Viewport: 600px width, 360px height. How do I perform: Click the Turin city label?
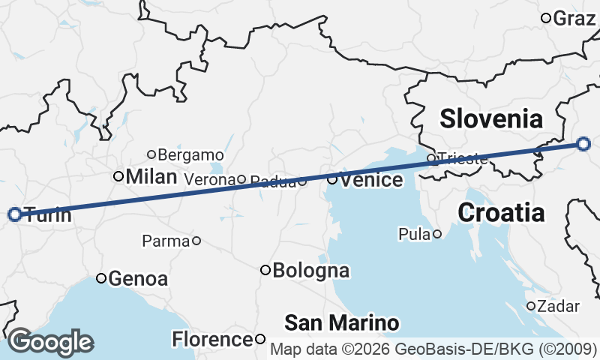pyautogui.click(x=47, y=215)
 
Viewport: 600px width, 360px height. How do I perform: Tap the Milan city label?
pyautogui.click(x=151, y=177)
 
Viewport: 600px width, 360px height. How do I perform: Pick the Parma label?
pyautogui.click(x=165, y=241)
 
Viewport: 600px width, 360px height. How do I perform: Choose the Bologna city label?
pyautogui.click(x=311, y=270)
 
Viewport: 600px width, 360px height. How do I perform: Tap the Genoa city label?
pyautogui.click(x=138, y=279)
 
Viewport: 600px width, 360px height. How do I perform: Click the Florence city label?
pyautogui.click(x=213, y=340)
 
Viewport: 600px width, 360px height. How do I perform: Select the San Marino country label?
pyautogui.click(x=341, y=323)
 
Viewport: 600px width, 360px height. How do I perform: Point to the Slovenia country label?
pyautogui.click(x=490, y=118)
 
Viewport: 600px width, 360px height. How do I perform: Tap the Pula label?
pyautogui.click(x=415, y=235)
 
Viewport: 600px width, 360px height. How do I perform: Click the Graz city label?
pyautogui.click(x=574, y=19)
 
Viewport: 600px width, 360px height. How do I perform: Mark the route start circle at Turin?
pyautogui.click(x=14, y=214)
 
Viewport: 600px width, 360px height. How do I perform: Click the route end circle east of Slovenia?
pyautogui.click(x=585, y=145)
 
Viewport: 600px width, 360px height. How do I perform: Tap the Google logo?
pyautogui.click(x=50, y=342)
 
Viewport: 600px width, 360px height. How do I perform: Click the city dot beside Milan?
pyautogui.click(x=118, y=176)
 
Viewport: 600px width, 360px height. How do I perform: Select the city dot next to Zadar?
pyautogui.click(x=530, y=306)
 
